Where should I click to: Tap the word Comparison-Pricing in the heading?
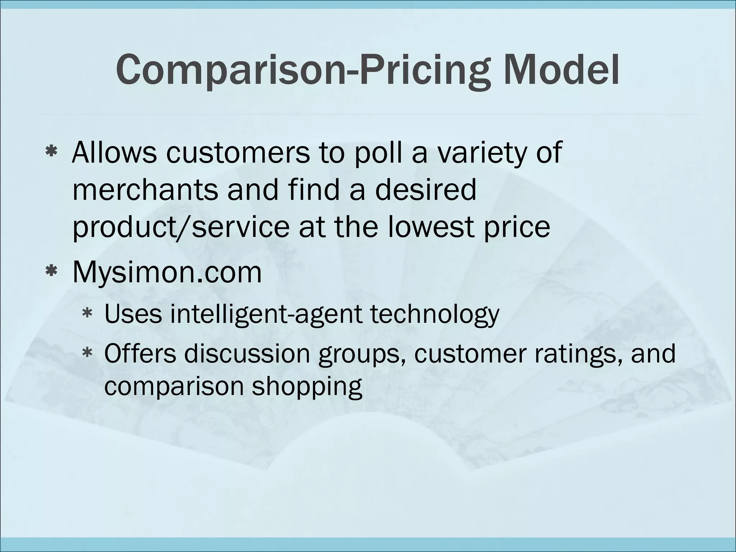[x=302, y=70]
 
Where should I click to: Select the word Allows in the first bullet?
[x=115, y=152]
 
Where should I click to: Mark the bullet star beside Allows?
[x=51, y=152]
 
